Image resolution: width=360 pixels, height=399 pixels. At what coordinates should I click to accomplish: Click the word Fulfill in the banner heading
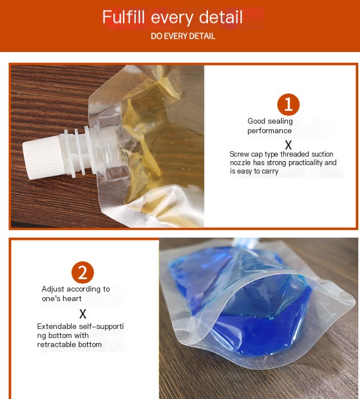coord(124,17)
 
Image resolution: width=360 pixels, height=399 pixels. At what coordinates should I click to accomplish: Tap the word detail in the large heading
coord(221,17)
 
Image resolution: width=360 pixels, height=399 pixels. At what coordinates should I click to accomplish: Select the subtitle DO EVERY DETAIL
coord(183,36)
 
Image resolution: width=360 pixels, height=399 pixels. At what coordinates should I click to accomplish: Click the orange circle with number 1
coord(288,105)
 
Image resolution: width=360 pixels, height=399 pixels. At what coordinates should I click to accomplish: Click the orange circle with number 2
coord(83,273)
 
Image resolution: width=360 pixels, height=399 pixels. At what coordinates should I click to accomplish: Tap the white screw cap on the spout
coord(43,157)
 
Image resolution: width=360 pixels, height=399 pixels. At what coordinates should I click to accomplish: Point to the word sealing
coord(281,121)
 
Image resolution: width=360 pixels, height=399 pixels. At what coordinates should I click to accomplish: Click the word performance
coord(269,131)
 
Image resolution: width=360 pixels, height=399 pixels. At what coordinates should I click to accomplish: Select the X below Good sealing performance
coord(288,145)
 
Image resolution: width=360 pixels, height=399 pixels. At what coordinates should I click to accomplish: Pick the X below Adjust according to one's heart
coord(83,314)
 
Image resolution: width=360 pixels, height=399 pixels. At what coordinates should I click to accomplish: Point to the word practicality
coord(306,163)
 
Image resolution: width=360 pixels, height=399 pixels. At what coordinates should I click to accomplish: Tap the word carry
coord(270,172)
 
